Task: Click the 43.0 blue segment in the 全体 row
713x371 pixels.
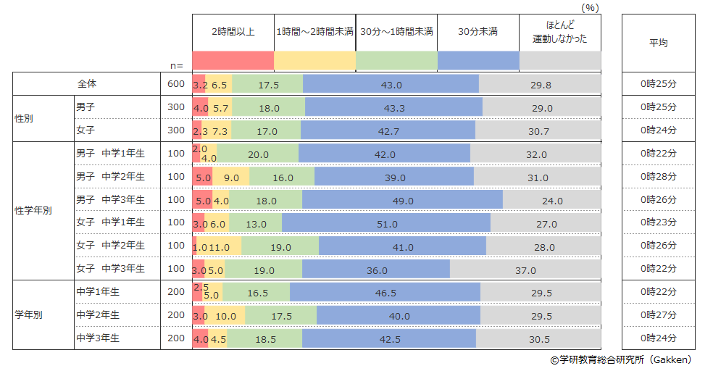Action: pyautogui.click(x=391, y=84)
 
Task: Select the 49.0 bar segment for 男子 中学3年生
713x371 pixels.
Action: pyautogui.click(x=402, y=199)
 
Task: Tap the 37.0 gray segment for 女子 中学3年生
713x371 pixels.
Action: pyautogui.click(x=525, y=270)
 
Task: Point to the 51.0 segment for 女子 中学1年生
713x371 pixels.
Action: pyautogui.click(x=386, y=223)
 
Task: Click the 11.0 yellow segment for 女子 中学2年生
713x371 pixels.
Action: pyautogui.click(x=219, y=246)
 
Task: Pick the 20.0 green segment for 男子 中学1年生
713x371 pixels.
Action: pyautogui.click(x=257, y=154)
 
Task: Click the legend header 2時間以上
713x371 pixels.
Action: pyautogui.click(x=233, y=32)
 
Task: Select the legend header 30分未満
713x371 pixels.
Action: pyautogui.click(x=478, y=32)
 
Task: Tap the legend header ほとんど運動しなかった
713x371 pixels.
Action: pyautogui.click(x=560, y=33)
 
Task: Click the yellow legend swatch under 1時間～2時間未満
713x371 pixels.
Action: pyautogui.click(x=314, y=60)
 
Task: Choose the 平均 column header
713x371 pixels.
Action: pyautogui.click(x=658, y=43)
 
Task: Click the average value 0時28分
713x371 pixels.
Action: pyautogui.click(x=658, y=177)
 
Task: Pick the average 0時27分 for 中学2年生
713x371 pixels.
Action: pyautogui.click(x=658, y=316)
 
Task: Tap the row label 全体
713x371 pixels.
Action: pyautogui.click(x=87, y=84)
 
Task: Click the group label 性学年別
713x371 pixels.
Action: pyautogui.click(x=33, y=212)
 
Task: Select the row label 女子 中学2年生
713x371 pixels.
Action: pyautogui.click(x=110, y=246)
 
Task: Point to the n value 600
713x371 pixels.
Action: pyautogui.click(x=176, y=84)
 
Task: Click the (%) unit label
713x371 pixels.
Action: pyautogui.click(x=590, y=7)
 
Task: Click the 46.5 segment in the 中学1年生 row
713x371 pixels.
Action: pyautogui.click(x=385, y=292)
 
